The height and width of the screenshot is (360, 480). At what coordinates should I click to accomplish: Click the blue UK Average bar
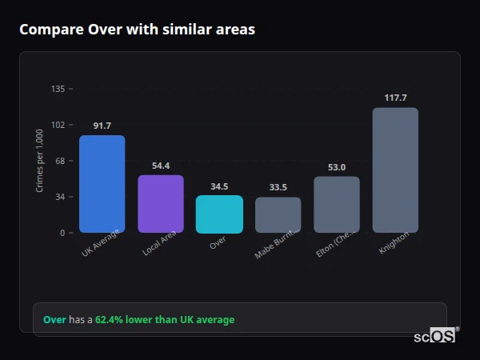(x=102, y=184)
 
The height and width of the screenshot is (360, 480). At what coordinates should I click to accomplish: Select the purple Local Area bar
(x=161, y=204)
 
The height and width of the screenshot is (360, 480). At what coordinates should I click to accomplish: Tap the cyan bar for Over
(x=219, y=214)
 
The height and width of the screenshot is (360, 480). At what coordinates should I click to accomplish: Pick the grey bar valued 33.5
(x=278, y=215)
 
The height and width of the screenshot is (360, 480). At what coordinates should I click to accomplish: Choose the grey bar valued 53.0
(x=337, y=205)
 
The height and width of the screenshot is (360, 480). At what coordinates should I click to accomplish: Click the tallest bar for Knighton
(x=395, y=170)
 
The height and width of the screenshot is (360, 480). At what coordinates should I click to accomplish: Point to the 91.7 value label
(x=102, y=126)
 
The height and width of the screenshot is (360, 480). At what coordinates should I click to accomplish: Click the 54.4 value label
(x=161, y=166)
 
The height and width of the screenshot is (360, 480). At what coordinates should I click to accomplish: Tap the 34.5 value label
(x=219, y=186)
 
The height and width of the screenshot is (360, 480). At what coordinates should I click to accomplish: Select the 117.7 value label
(x=395, y=98)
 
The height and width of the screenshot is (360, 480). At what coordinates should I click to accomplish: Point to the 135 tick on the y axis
(x=58, y=89)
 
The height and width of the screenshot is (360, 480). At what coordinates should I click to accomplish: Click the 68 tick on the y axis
(x=60, y=161)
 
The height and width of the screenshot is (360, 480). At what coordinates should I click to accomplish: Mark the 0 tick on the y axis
(x=62, y=233)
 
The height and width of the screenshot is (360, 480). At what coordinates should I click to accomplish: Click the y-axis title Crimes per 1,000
(x=40, y=161)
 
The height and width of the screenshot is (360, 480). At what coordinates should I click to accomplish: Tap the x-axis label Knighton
(x=394, y=243)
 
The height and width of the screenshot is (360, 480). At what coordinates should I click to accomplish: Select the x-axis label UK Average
(x=100, y=245)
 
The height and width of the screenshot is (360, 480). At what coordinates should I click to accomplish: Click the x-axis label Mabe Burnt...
(x=277, y=243)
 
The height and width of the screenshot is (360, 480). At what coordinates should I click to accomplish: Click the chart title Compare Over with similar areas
(x=137, y=30)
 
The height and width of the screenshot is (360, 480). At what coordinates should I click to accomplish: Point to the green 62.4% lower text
(x=165, y=320)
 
